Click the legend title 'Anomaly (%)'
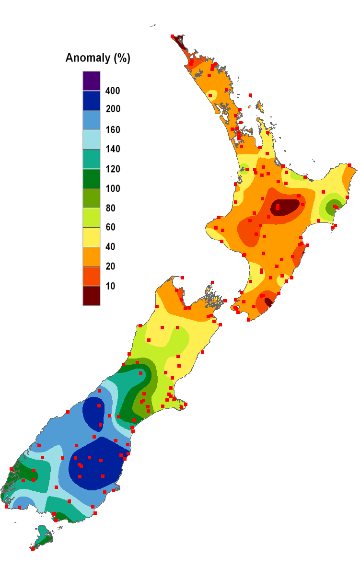pos(98,58)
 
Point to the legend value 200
pos(113,109)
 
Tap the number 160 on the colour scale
pos(113,130)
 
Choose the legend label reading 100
pos(113,189)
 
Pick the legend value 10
pos(110,286)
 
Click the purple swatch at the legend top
pos(91,81)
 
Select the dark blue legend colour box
pos(91,100)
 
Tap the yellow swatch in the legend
pos(91,237)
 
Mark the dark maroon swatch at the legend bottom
pos(91,296)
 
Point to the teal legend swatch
pos(91,159)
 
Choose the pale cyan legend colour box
pos(91,139)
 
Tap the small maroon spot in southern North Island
pos(268,302)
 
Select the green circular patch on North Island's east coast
pos(332,208)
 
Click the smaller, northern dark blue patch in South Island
pos(94,411)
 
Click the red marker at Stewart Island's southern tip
pos(33,549)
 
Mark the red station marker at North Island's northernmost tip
pos(172,36)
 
